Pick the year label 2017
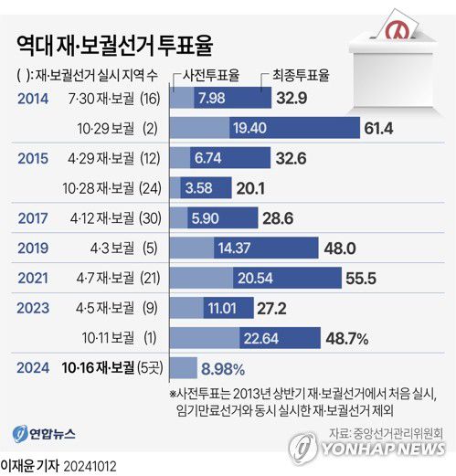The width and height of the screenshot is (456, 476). [x=34, y=218]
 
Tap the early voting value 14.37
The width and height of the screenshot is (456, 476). [x=233, y=248]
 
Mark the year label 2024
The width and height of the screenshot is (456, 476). [x=34, y=368]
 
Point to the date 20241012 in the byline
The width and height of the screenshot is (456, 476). [x=90, y=465]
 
